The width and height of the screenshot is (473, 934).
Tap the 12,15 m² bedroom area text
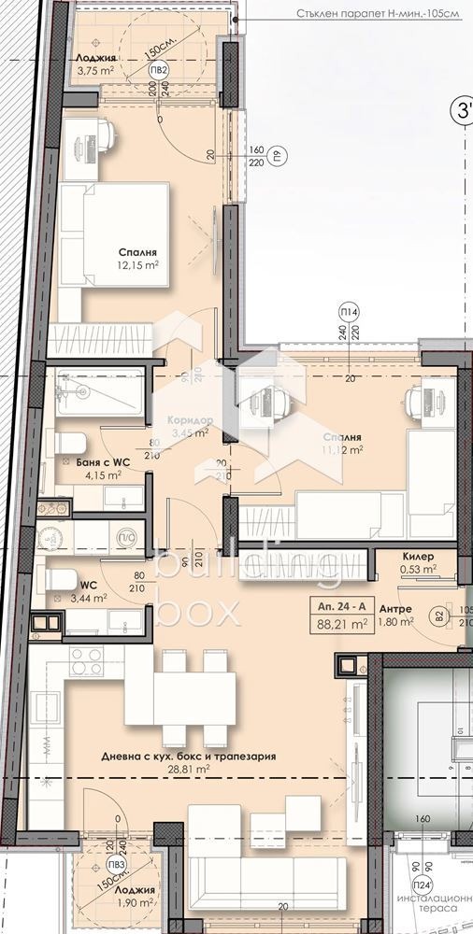pyautogui.click(x=137, y=265)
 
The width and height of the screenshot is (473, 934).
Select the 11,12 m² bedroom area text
pyautogui.click(x=342, y=449)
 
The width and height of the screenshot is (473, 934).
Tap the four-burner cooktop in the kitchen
pyautogui.click(x=86, y=661)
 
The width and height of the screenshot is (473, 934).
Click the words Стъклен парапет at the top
pyautogui.click(x=323, y=14)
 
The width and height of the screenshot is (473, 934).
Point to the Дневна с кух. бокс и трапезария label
pyautogui.click(x=189, y=757)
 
